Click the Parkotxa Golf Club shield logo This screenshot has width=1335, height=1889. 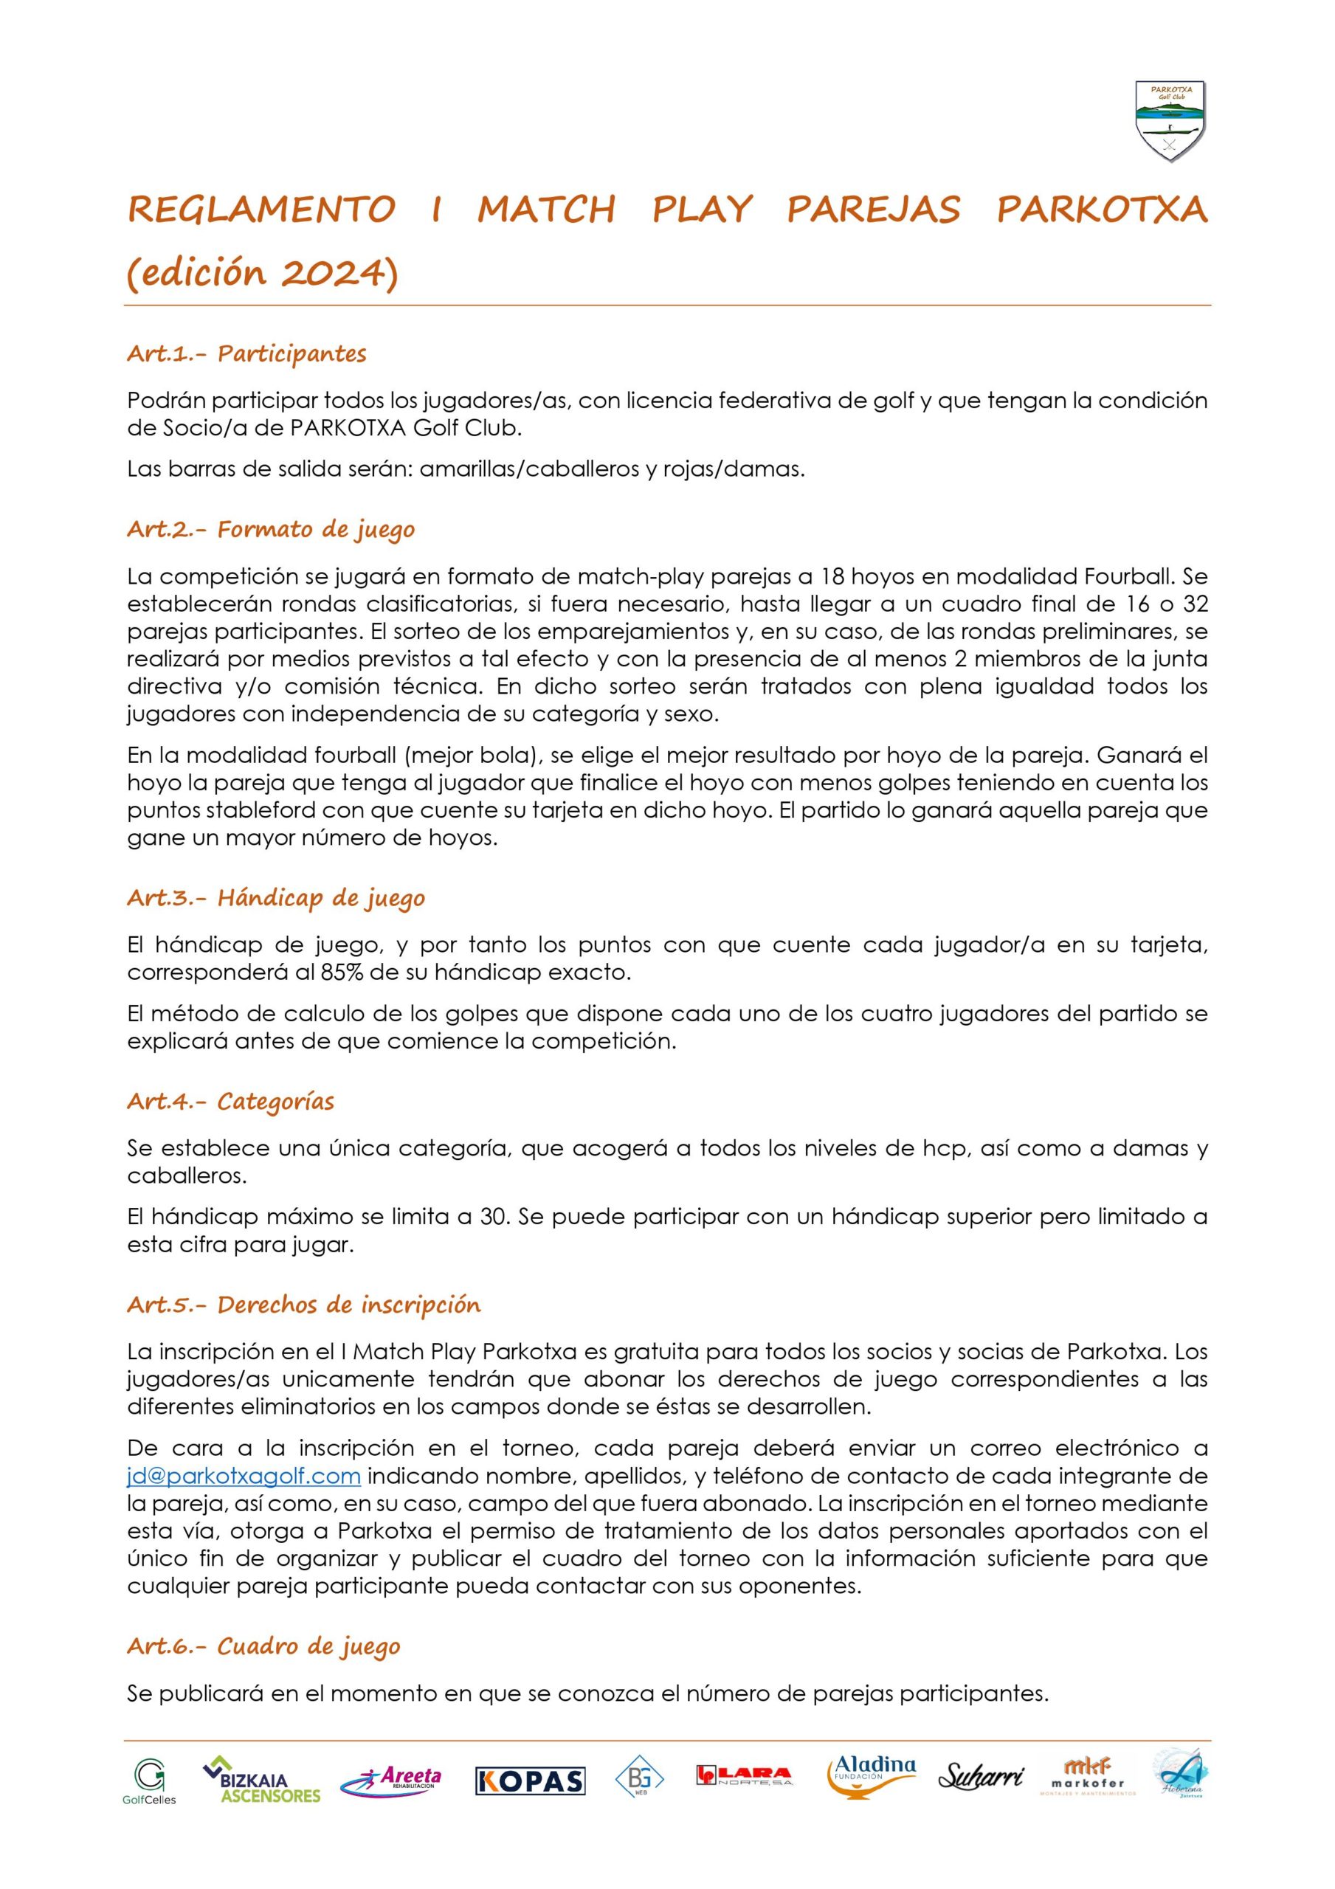(x=1170, y=121)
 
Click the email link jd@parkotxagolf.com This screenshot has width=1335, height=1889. (x=244, y=1475)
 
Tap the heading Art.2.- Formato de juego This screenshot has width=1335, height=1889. (x=271, y=529)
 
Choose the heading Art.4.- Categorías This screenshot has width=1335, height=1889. (x=230, y=1101)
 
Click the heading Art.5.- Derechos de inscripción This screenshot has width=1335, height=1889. (x=304, y=1305)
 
